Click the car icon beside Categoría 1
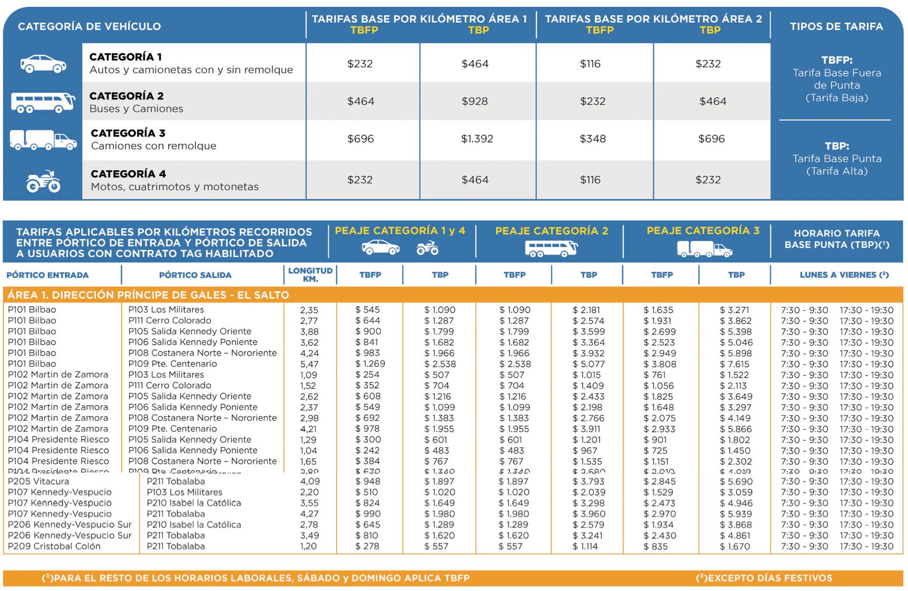coord(43,64)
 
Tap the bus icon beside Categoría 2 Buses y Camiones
coord(43,102)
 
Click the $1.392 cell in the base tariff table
coord(477,139)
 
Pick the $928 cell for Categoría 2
coord(474,101)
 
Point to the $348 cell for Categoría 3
coord(592,139)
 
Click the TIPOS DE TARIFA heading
coord(836,26)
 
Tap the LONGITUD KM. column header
coord(310,274)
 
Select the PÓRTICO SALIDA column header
coord(195,275)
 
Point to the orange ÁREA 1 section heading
coord(148,295)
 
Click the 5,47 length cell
coord(309,364)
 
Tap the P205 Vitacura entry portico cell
coord(38,481)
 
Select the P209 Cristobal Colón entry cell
coord(54,546)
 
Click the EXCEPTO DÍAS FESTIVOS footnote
coord(764,578)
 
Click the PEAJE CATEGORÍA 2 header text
coord(551,231)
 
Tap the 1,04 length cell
coord(308,451)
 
